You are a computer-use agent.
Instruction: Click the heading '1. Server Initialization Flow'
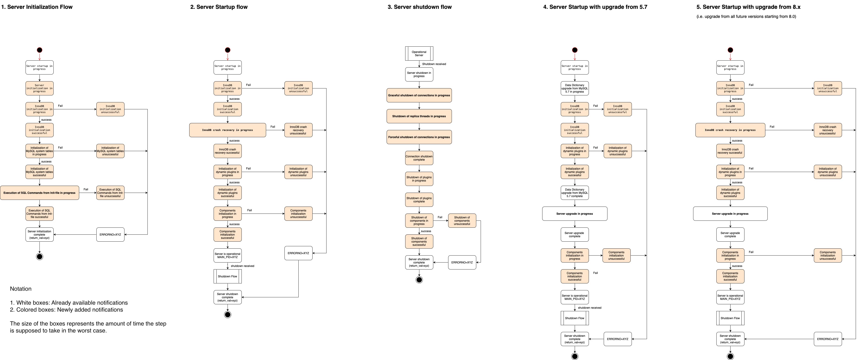(x=37, y=7)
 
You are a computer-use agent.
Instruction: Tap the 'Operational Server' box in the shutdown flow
(x=419, y=54)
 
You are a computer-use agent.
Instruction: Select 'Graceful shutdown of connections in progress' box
(x=419, y=95)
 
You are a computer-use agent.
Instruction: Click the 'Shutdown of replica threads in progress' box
(x=419, y=116)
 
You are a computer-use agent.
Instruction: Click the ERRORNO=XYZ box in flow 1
(x=110, y=234)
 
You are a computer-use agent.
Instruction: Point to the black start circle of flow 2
(x=228, y=50)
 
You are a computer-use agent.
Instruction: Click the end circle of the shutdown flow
(x=419, y=280)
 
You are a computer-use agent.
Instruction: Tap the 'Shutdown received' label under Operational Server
(x=434, y=64)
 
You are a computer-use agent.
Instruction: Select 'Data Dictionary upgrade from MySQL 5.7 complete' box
(x=574, y=193)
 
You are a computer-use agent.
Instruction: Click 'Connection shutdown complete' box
(x=419, y=158)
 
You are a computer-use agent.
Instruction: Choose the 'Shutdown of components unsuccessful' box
(x=462, y=221)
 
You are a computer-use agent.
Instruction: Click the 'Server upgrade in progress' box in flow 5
(x=730, y=214)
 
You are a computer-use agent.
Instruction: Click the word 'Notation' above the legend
(x=21, y=289)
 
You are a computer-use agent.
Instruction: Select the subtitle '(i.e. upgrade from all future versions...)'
(x=746, y=16)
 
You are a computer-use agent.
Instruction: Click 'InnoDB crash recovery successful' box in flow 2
(x=228, y=151)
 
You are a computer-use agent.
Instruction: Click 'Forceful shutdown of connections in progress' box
(x=419, y=137)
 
